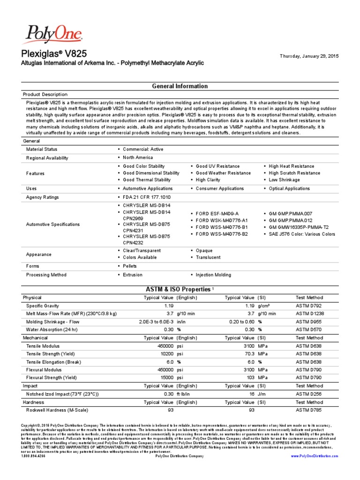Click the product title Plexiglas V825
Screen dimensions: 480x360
[54, 53]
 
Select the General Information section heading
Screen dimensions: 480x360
[180, 86]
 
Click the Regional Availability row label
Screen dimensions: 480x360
[47, 157]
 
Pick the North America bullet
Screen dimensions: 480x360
[138, 157]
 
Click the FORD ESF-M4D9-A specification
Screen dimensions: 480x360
[217, 213]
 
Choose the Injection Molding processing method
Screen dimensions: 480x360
[213, 275]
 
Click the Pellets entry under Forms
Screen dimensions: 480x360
[130, 266]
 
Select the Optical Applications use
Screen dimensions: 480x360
[289, 188]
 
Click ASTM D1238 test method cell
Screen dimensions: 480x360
[309, 314]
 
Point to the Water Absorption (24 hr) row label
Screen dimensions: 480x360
[52, 330]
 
